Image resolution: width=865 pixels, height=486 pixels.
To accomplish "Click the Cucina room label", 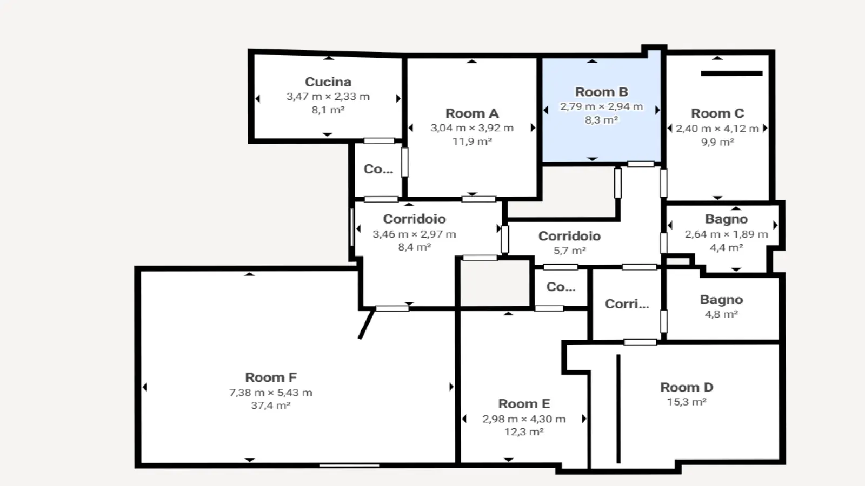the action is pyautogui.click(x=328, y=82).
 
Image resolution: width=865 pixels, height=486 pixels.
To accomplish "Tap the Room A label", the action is pyautogui.click(x=472, y=113).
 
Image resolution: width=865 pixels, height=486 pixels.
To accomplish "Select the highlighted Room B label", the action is pyautogui.click(x=601, y=92).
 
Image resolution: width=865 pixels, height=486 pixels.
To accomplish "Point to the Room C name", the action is pyautogui.click(x=717, y=113).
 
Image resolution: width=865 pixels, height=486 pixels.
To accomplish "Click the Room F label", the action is pyautogui.click(x=271, y=377).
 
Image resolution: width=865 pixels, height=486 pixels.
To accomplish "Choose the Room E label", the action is pyautogui.click(x=524, y=404).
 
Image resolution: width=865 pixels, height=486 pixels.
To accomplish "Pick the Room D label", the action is pyautogui.click(x=687, y=387).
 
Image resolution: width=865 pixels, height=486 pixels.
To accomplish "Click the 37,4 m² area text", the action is pyautogui.click(x=271, y=406).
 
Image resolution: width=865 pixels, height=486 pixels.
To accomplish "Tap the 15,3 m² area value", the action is pyautogui.click(x=687, y=402).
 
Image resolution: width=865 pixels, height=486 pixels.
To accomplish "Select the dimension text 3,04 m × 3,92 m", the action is pyautogui.click(x=472, y=128).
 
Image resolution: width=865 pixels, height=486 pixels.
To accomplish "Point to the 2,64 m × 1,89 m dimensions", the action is pyautogui.click(x=727, y=234).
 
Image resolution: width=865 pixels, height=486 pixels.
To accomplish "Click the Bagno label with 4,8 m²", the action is pyautogui.click(x=721, y=300).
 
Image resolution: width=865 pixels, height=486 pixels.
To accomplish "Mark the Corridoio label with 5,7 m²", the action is pyautogui.click(x=570, y=236).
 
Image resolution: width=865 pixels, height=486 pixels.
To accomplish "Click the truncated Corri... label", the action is pyautogui.click(x=627, y=304).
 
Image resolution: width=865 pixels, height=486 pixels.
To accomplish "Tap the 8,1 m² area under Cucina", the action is pyautogui.click(x=328, y=110).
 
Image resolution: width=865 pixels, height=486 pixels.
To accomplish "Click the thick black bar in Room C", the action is pyautogui.click(x=731, y=73).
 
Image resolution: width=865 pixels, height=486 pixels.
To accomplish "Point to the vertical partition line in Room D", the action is pyautogui.click(x=618, y=408).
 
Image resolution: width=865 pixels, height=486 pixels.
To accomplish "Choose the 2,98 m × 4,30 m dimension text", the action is pyautogui.click(x=524, y=419).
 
